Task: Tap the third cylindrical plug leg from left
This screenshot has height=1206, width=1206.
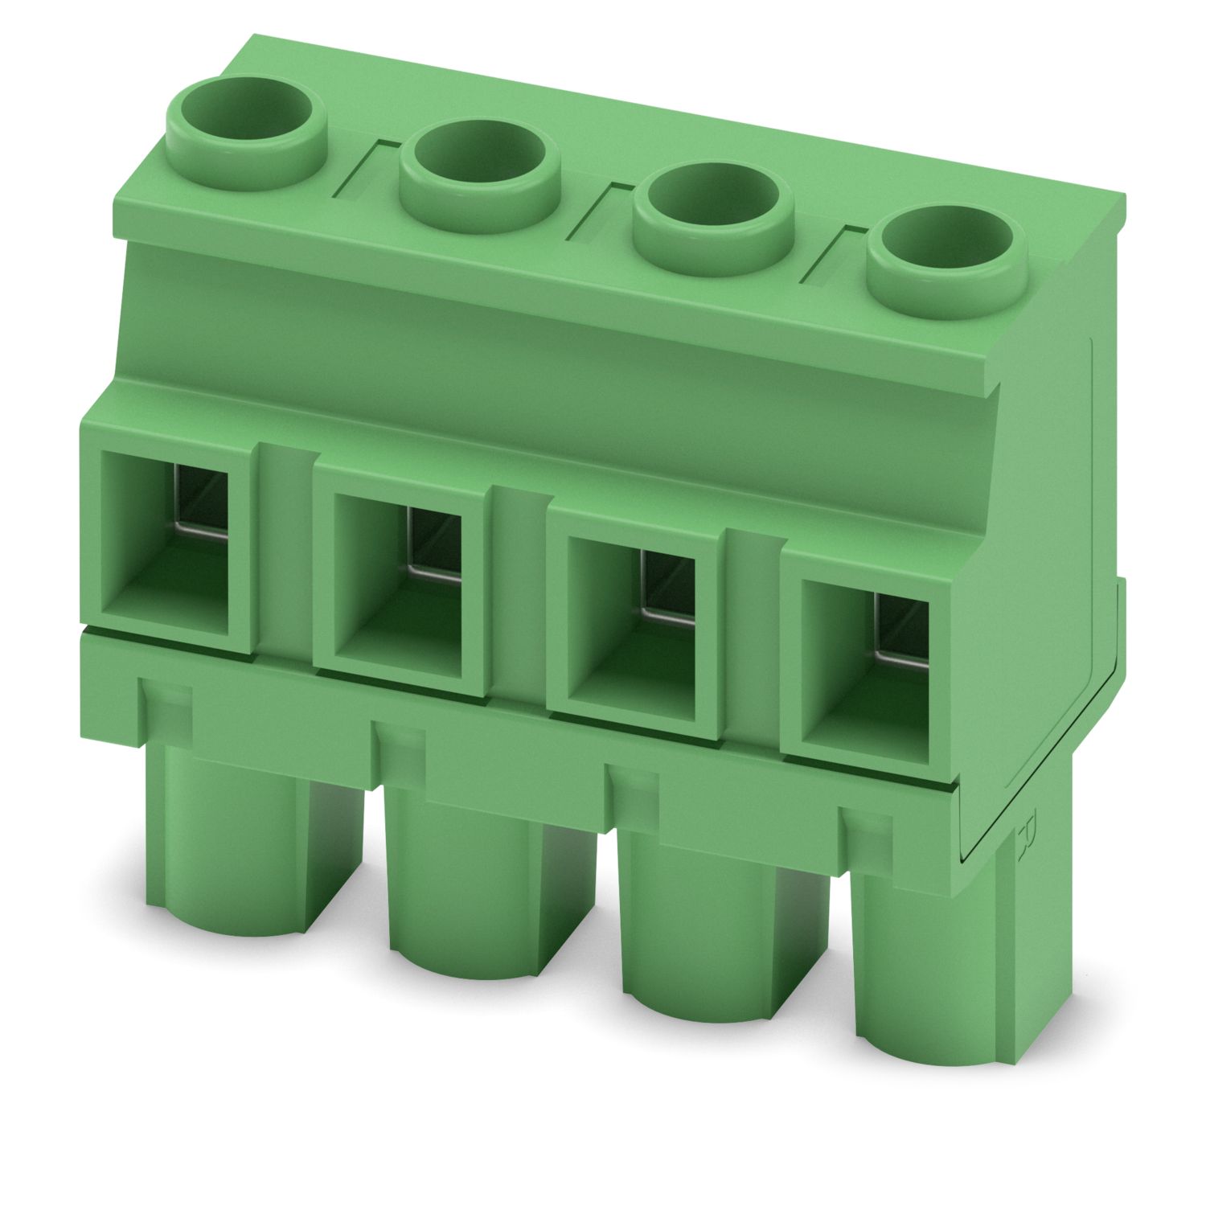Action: [699, 941]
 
